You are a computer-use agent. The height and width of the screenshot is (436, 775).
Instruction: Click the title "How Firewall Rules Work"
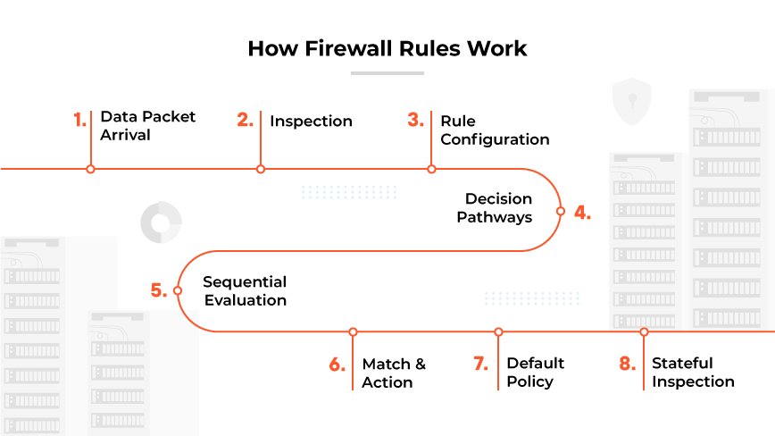[x=387, y=48]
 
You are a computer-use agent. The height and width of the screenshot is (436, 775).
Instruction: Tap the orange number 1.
[x=79, y=121]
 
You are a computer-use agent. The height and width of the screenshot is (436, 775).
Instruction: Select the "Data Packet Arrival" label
[x=147, y=126]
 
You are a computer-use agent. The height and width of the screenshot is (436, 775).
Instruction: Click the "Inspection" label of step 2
[x=311, y=122]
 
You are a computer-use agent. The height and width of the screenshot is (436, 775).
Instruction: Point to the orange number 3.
[x=415, y=121]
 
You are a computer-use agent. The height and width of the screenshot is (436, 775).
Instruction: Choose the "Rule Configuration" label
[x=494, y=130]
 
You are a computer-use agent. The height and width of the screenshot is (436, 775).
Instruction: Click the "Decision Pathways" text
[x=495, y=207]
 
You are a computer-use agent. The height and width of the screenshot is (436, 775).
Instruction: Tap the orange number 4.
[x=582, y=213]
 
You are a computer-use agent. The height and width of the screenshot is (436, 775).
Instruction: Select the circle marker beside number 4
[x=561, y=212]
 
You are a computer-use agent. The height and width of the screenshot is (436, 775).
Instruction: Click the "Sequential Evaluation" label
[x=245, y=291]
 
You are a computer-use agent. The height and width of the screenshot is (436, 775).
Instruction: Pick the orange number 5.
[x=158, y=290]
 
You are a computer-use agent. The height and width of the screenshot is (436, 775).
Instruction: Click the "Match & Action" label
[x=393, y=373]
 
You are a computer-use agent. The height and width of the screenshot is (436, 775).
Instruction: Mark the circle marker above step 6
[x=354, y=331]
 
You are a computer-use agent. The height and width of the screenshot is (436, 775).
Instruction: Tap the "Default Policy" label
[x=535, y=372]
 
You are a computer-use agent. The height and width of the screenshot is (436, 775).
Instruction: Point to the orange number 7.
[x=480, y=364]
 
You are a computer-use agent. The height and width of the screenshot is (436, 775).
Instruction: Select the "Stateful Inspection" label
[x=692, y=372]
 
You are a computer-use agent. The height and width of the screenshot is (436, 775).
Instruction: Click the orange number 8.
[x=627, y=364]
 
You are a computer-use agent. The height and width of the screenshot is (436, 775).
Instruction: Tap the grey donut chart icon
[x=162, y=222]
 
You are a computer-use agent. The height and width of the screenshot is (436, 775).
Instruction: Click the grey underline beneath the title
[x=387, y=73]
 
